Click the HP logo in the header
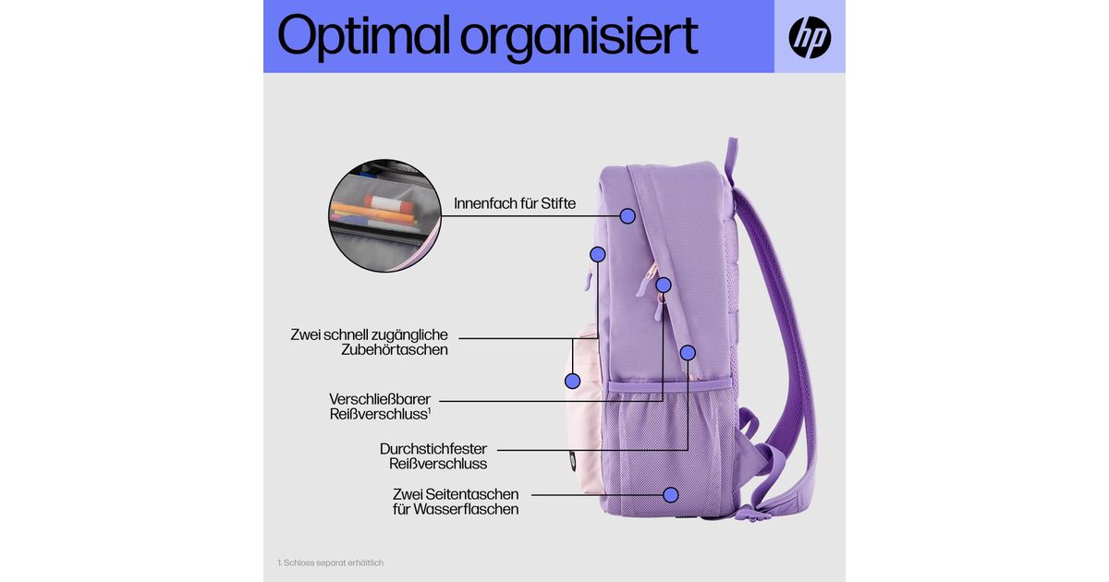tap(810, 38)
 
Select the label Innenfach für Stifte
tap(515, 203)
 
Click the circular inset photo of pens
tap(379, 215)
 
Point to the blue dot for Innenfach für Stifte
tap(628, 216)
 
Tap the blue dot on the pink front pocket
tap(572, 380)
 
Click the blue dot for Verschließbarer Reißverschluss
tap(664, 285)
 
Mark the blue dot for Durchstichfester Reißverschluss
tap(688, 352)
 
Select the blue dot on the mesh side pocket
tap(672, 495)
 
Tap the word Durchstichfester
tap(433, 449)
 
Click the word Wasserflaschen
tap(468, 509)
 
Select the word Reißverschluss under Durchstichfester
tap(438, 464)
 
